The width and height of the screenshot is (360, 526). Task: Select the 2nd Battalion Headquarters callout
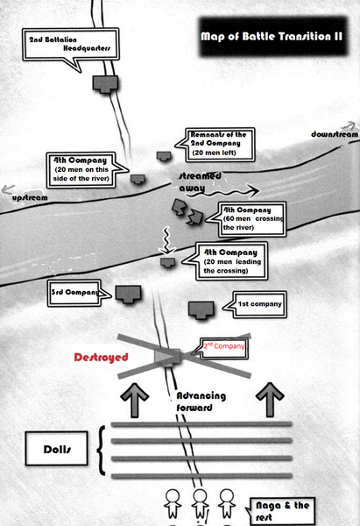point(70,45)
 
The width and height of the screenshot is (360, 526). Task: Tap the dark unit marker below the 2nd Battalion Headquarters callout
point(105,83)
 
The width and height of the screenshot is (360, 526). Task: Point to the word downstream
point(335,134)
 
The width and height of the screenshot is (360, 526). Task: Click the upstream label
point(30,197)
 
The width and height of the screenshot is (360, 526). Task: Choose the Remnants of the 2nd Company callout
point(219,145)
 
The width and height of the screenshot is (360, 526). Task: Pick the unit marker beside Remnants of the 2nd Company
point(164,156)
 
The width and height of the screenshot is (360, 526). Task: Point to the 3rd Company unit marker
point(128,295)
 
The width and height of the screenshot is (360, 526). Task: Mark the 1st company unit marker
point(201,310)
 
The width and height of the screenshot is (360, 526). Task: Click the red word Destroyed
point(101,358)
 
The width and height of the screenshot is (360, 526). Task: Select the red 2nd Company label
point(224,346)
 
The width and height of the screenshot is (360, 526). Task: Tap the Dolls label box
point(57,449)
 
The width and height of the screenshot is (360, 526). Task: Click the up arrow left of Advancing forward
point(134,400)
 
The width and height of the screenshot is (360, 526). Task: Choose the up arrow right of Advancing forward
point(270,400)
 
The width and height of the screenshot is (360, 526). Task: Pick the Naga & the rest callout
point(281,511)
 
